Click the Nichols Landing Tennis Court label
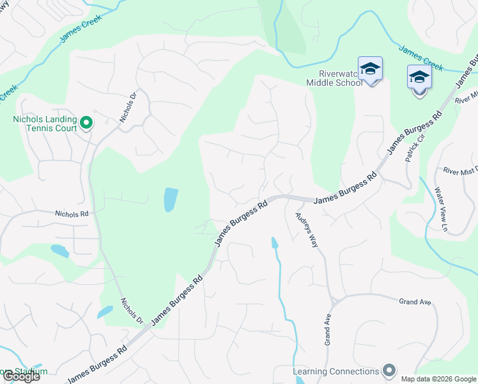coord(45,124)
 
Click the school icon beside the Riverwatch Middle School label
coord(371,69)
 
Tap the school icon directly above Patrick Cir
coord(419,79)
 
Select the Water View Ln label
coord(440,208)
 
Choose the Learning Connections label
coord(335,371)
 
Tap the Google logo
coord(20,376)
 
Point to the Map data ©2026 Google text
coord(438,379)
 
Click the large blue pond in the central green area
coord(171,200)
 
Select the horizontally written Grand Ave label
coord(415,301)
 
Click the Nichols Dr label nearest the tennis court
coord(128,108)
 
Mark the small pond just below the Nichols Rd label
coord(59,251)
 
